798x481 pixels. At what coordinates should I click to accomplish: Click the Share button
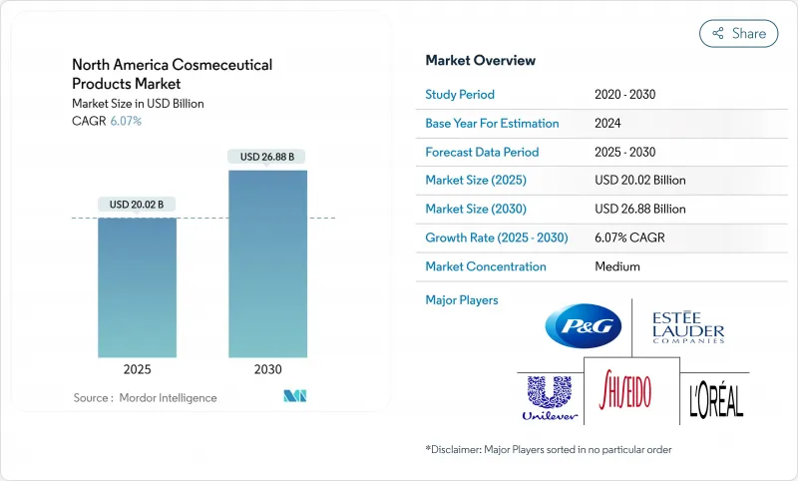739,33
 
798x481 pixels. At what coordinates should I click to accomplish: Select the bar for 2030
267,263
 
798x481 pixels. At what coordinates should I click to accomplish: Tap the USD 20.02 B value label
137,205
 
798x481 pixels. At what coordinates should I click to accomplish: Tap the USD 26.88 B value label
267,157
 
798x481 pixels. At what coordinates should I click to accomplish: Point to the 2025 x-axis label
137,368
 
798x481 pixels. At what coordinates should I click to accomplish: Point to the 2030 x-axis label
267,368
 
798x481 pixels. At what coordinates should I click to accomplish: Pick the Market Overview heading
480,61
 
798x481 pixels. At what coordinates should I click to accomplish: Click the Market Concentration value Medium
616,266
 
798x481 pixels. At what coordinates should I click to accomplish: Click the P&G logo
584,326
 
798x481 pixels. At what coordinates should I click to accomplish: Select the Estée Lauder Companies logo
687,326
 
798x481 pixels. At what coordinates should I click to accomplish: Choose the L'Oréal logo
716,399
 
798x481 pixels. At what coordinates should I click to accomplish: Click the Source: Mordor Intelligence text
145,398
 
